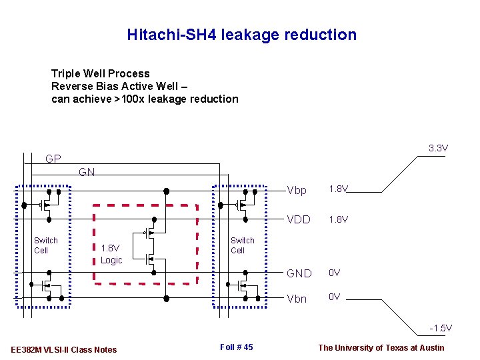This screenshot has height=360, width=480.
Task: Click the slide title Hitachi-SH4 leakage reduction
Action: click(241, 35)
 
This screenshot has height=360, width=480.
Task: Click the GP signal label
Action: click(53, 159)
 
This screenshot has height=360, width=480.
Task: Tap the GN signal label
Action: click(87, 172)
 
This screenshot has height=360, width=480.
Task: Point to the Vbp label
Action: click(296, 191)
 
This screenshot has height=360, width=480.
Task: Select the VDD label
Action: click(299, 219)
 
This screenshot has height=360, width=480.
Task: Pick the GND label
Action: click(299, 273)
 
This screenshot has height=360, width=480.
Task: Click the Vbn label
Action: click(296, 299)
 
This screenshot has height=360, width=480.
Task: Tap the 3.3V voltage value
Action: click(438, 148)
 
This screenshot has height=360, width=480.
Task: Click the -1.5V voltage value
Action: click(441, 328)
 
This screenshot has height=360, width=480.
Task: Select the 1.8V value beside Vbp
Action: click(339, 189)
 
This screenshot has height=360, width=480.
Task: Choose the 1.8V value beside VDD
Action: click(339, 219)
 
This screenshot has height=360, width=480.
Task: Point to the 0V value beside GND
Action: click(335, 273)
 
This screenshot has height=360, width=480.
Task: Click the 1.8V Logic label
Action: click(111, 255)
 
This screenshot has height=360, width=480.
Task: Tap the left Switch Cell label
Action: click(46, 245)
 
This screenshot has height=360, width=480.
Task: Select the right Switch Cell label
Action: click(242, 245)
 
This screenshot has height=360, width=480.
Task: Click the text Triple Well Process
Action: click(101, 73)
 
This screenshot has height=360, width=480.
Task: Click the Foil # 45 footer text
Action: click(236, 347)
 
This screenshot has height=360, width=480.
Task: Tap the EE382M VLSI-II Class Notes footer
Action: click(64, 349)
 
